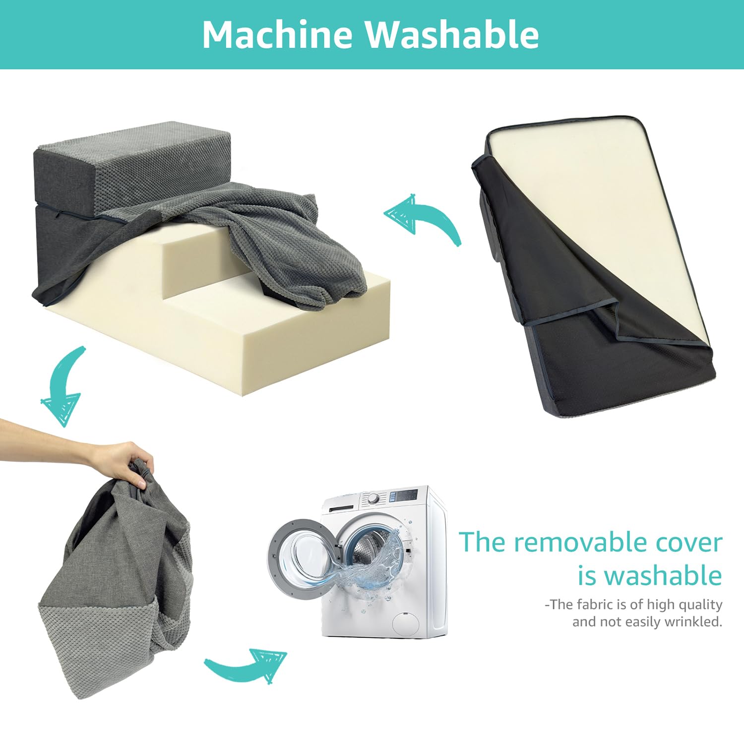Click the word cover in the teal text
[689, 543]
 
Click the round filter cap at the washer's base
[405, 622]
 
